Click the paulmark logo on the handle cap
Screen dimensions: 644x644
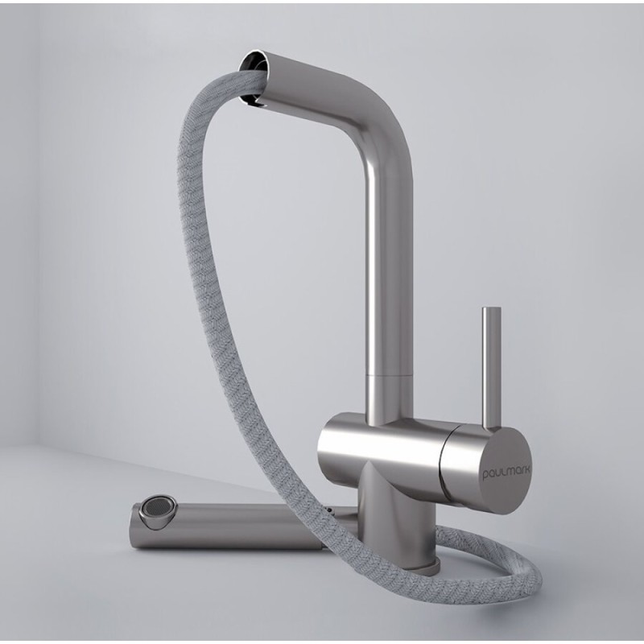(x=506, y=473)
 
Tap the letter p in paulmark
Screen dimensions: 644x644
(x=485, y=477)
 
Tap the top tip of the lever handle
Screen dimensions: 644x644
(x=492, y=308)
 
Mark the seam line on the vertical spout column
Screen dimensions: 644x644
(x=389, y=374)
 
